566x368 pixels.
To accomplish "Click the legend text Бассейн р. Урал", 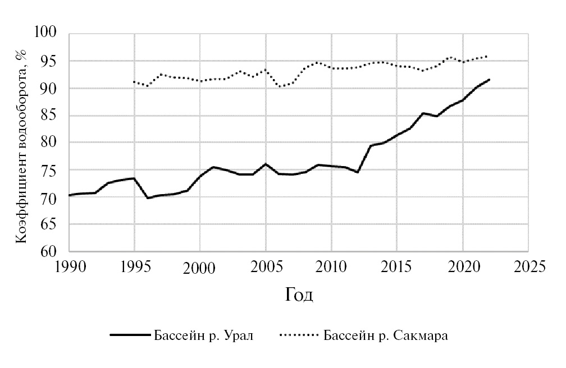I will [x=203, y=336].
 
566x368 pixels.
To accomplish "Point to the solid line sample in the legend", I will [x=130, y=336].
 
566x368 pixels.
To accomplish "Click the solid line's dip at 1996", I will [x=148, y=198].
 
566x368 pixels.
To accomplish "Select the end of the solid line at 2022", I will [x=489, y=80].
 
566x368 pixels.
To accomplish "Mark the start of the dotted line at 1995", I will [x=134, y=82].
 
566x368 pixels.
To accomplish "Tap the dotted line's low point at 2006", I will [x=279, y=87].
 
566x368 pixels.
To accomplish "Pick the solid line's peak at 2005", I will [x=266, y=164].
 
